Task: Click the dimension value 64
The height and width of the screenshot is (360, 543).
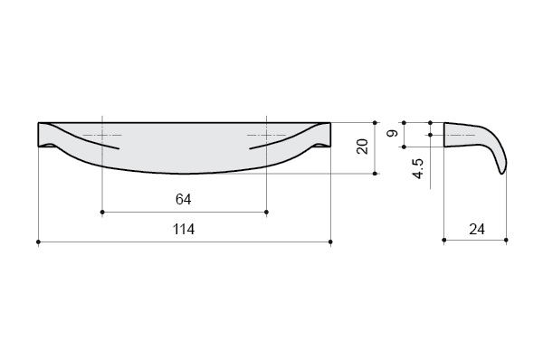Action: (x=183, y=199)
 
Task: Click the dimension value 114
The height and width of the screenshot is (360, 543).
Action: (x=184, y=229)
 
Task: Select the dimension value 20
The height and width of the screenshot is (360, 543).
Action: (x=362, y=147)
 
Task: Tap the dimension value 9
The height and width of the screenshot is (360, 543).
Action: (x=393, y=133)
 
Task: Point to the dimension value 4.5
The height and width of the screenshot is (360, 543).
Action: (x=417, y=168)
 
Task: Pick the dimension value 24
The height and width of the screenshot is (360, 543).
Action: (x=477, y=229)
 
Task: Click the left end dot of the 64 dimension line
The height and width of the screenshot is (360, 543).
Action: (x=102, y=212)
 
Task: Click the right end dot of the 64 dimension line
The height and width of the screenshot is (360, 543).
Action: (x=266, y=212)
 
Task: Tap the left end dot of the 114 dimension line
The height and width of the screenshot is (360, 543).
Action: (x=38, y=242)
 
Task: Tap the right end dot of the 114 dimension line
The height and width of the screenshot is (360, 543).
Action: (x=330, y=242)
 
